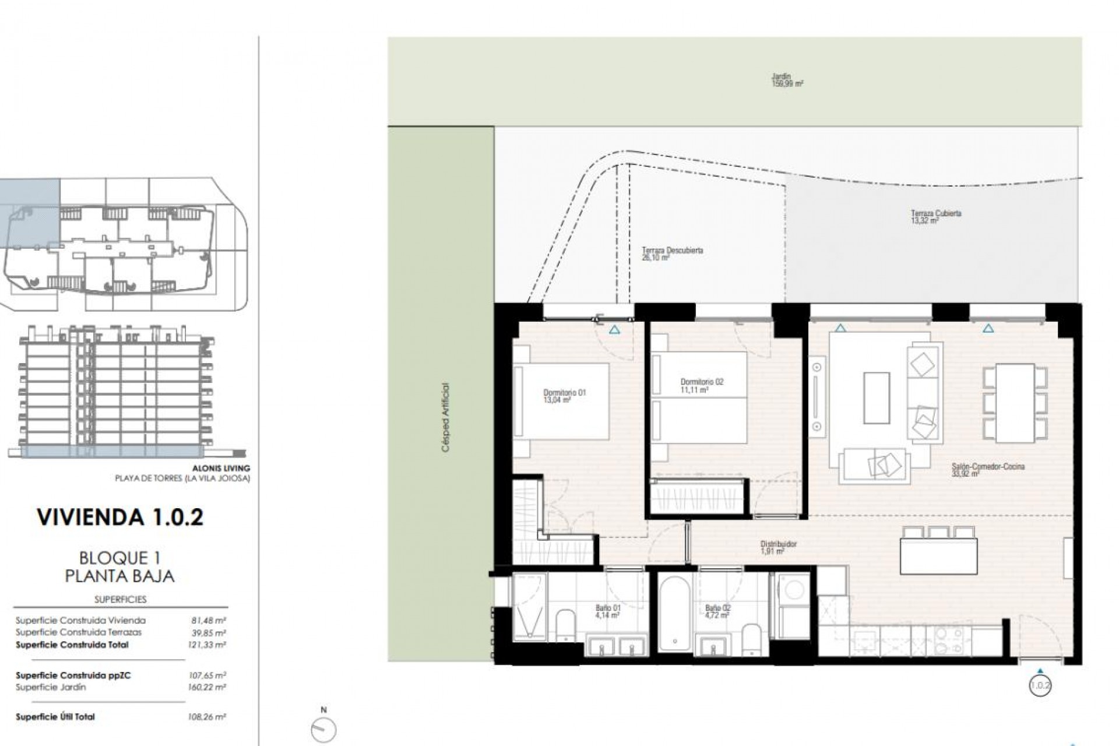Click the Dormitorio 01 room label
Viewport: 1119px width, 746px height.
coord(564,396)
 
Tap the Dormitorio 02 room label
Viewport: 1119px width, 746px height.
coord(702,386)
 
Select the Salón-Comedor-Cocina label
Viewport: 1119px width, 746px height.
coord(987,470)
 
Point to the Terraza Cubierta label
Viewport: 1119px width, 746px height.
coord(935,217)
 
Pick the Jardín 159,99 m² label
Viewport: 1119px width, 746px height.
coord(787,80)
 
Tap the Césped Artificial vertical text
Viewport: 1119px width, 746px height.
coord(446,417)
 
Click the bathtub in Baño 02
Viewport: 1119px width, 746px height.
coord(675,614)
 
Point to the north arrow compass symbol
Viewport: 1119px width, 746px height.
coord(324,729)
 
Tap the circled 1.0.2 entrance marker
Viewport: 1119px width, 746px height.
coord(1040,685)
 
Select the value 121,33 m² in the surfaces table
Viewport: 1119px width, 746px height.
coord(208,645)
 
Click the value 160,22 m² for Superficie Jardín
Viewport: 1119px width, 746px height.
coord(208,688)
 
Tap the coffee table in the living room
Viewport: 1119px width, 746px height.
coord(876,398)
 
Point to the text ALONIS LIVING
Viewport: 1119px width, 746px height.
coord(221,468)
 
